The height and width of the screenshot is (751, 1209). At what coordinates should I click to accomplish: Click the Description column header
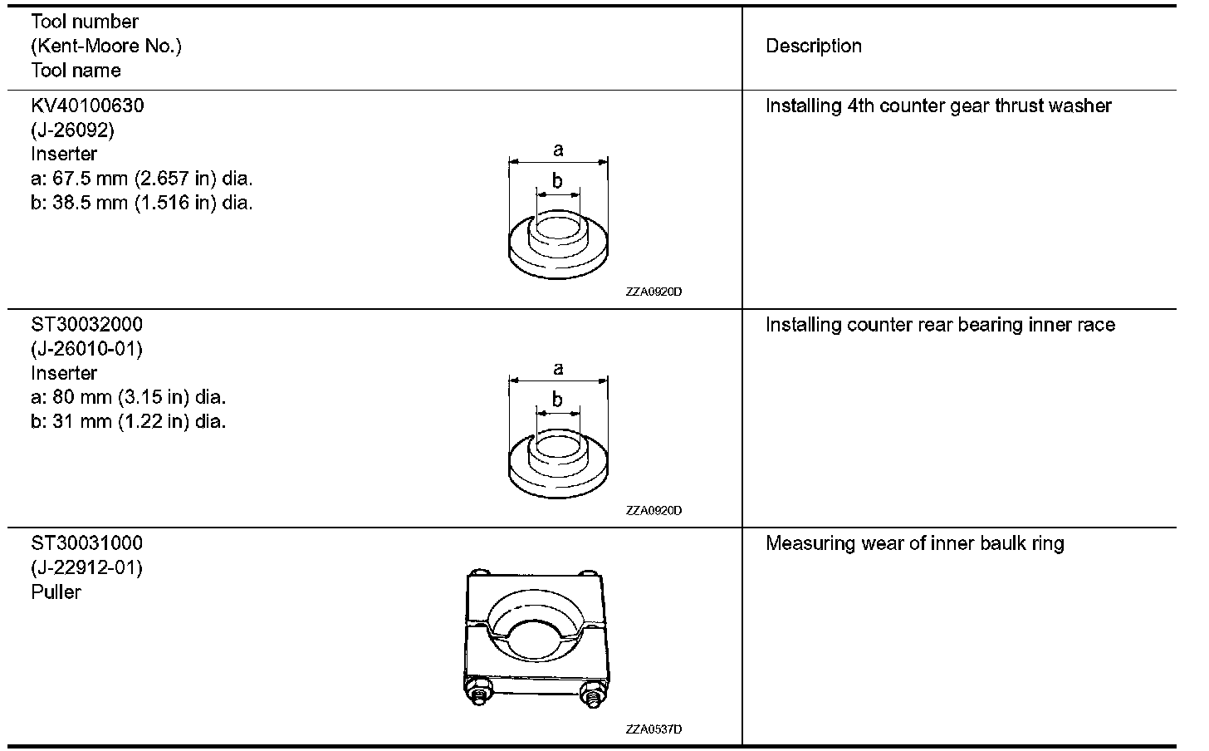tap(813, 47)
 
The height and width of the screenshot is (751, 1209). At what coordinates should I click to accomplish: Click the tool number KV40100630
tap(87, 106)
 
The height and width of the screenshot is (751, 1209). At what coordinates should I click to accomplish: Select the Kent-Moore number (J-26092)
tap(73, 130)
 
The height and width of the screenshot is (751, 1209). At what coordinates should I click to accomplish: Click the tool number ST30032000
tap(87, 325)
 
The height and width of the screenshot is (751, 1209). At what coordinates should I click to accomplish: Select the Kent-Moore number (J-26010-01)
tap(87, 349)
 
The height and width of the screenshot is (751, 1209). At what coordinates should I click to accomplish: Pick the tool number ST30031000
tap(87, 543)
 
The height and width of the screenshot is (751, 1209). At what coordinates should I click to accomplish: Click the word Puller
tap(56, 592)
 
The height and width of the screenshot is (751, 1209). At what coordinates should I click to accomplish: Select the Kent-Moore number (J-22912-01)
tap(87, 568)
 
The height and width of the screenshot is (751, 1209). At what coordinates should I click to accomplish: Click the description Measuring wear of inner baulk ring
tap(914, 544)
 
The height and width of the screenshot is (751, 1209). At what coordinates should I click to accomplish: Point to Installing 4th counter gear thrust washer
tap(938, 106)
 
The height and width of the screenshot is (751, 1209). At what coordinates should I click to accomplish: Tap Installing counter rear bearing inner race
tap(940, 325)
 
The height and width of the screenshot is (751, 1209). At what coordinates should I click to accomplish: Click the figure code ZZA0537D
tap(653, 729)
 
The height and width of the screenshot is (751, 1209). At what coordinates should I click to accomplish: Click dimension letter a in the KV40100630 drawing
tap(558, 150)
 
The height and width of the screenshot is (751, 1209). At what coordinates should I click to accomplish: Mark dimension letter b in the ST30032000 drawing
tap(557, 400)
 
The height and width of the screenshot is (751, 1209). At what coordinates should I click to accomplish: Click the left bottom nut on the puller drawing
tap(479, 695)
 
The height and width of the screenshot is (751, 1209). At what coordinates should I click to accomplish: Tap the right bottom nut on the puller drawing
tap(592, 695)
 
